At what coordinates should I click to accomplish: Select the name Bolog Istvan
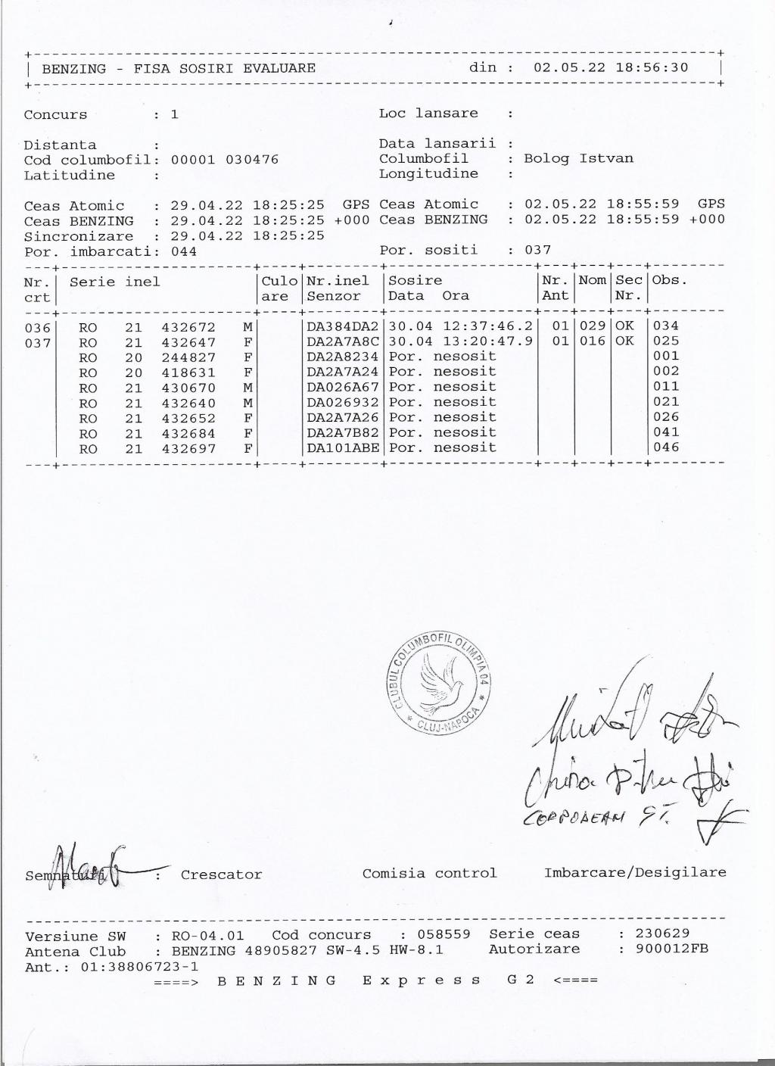[578, 158]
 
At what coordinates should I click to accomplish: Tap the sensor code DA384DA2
[343, 326]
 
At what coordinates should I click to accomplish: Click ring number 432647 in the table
[188, 342]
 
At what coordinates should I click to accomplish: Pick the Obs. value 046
[666, 447]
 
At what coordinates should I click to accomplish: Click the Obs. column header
[670, 280]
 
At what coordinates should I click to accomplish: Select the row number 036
[38, 328]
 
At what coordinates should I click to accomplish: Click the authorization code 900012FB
[671, 948]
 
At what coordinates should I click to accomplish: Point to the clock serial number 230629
[662, 934]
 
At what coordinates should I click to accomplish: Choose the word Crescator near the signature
[221, 874]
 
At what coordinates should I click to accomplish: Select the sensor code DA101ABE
[343, 447]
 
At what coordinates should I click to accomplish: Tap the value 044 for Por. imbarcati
[184, 251]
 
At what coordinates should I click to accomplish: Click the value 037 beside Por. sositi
[538, 250]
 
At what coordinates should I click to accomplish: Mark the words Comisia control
[429, 873]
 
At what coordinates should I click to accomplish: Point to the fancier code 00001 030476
[225, 160]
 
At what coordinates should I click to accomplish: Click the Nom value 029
[593, 326]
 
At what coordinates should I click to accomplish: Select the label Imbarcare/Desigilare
[635, 872]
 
